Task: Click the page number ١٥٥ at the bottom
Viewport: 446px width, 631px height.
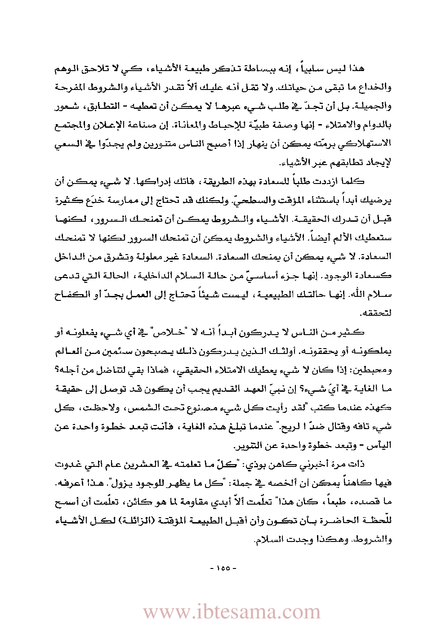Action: pyautogui.click(x=223, y=568)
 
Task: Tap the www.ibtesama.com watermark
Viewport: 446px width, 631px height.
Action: pyautogui.click(x=232, y=612)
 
